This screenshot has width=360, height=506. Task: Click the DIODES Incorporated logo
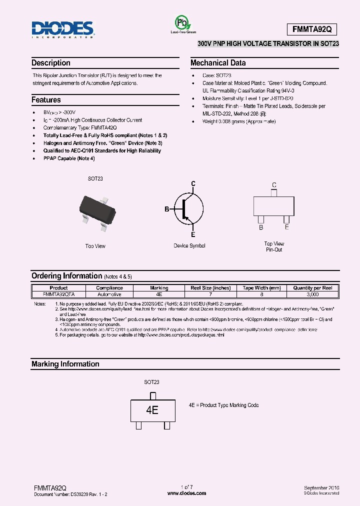coord(62,29)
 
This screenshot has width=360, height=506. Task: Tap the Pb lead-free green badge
coord(182,23)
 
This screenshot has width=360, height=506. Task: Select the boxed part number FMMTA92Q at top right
coord(312,29)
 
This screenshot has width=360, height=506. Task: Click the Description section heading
coord(51,63)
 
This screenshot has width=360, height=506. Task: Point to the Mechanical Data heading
coord(218,63)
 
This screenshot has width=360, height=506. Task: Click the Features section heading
coord(46,100)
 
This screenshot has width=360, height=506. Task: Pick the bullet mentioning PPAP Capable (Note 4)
coord(69,158)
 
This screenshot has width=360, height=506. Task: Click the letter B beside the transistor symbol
coord(167,209)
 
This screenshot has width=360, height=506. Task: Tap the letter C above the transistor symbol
coord(193,184)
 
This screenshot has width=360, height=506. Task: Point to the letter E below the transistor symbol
coord(193,234)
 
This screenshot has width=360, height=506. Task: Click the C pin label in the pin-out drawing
coord(274,185)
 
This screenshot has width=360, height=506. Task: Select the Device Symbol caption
coord(189,245)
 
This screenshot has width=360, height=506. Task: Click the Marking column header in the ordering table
coord(159,288)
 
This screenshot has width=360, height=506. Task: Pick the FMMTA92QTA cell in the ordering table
coord(58,294)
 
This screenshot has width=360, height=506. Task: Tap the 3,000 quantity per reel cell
coord(312,294)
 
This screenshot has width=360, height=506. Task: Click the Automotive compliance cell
coord(109,294)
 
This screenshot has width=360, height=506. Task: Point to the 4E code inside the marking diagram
coord(152,410)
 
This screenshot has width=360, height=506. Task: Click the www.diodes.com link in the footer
coord(186,493)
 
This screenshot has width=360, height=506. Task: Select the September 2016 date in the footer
coord(321,487)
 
